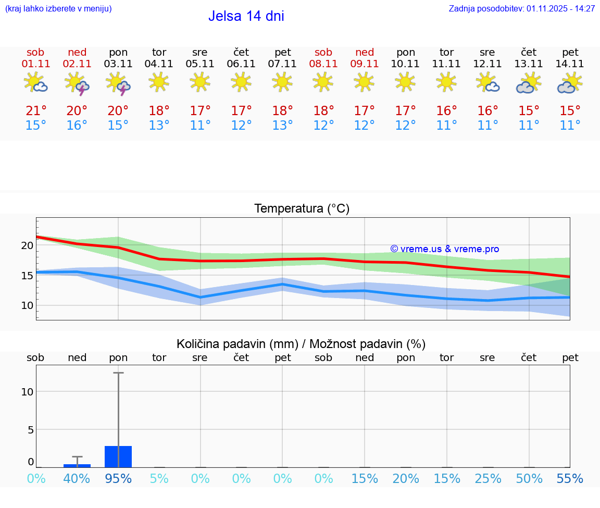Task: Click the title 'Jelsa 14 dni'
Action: tap(246, 16)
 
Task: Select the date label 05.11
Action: tap(200, 64)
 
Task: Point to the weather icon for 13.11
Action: tap(529, 83)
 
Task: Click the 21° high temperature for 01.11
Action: tap(36, 110)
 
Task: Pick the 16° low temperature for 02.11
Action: tap(77, 126)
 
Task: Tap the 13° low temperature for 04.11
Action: tap(159, 126)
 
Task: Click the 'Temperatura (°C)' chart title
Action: tap(302, 209)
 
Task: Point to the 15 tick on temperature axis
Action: tap(27, 276)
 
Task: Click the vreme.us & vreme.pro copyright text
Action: tap(444, 249)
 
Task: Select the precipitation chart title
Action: tap(301, 344)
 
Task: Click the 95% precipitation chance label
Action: tap(118, 479)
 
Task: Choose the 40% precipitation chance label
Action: tap(77, 479)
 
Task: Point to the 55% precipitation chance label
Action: tap(570, 479)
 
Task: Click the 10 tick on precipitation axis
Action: tap(27, 392)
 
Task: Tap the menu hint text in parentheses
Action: tap(58, 9)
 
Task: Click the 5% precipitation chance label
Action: tap(159, 479)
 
